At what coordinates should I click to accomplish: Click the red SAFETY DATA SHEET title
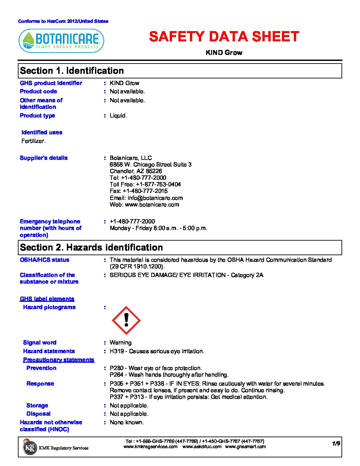[224, 37]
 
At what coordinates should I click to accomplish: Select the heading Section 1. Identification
[72, 71]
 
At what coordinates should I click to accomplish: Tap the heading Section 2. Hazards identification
[91, 248]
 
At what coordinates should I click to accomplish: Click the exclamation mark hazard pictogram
[126, 320]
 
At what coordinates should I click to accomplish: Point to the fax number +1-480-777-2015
[145, 191]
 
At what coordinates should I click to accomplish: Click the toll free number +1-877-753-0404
[158, 184]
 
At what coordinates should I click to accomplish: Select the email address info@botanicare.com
[155, 198]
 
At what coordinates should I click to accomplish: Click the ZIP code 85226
[154, 171]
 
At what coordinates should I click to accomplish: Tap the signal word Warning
[120, 343]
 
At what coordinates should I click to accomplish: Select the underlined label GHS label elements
[47, 299]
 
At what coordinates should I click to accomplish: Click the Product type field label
[37, 116]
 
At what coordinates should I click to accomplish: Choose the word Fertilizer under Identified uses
[33, 141]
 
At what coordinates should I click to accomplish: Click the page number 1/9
[336, 443]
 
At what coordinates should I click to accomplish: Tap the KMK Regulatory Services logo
[30, 447]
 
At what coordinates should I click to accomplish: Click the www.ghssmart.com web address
[245, 446]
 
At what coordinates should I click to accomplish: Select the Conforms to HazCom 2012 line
[63, 21]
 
